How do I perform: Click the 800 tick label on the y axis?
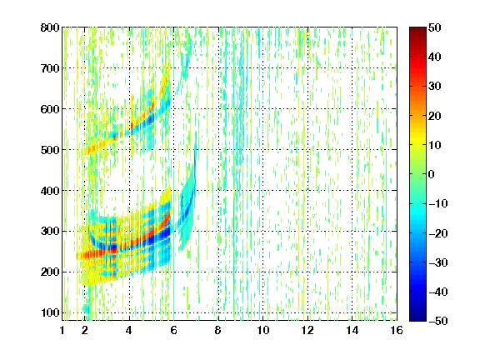50,27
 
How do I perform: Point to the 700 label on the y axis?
50,68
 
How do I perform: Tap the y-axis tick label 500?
50,150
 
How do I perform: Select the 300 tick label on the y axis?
50,232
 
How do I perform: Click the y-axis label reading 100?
50,313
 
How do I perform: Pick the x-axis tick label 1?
62,330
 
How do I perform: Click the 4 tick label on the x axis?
129,330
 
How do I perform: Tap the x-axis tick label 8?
218,330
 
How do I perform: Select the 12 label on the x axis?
307,330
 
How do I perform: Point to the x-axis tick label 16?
397,330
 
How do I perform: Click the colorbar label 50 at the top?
435,27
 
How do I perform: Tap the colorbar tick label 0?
432,174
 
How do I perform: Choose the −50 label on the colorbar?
438,321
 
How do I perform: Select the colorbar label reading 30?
435,87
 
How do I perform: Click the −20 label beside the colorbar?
438,233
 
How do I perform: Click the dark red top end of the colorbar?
417,29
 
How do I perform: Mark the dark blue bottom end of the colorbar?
417,318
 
